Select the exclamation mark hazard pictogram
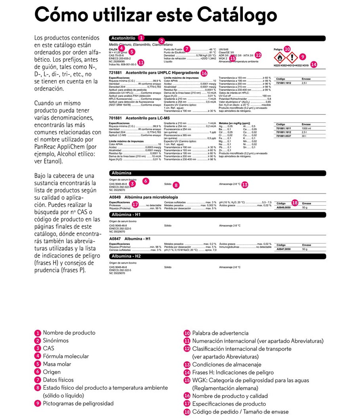290,57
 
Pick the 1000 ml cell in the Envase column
306,129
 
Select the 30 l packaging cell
304,136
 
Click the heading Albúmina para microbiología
151,197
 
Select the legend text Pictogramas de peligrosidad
78,403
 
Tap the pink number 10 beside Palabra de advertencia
187,333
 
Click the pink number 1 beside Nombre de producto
38,333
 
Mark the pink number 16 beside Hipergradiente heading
204,73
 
